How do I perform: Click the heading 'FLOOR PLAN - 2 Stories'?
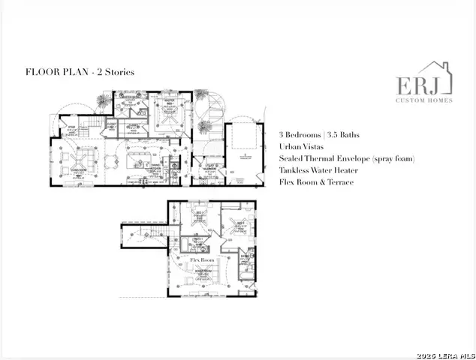pos(80,72)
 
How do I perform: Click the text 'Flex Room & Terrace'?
pos(317,182)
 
